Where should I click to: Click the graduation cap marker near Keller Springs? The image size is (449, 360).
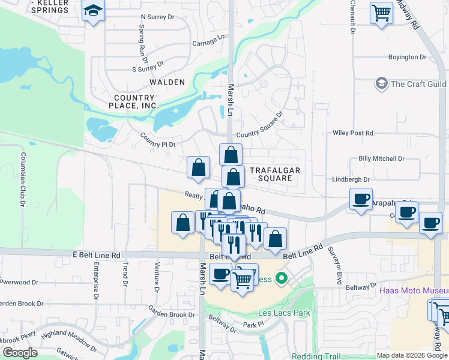[x=93, y=11]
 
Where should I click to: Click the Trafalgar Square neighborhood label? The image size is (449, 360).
[x=274, y=174]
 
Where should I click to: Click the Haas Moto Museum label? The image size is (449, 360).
[x=414, y=290]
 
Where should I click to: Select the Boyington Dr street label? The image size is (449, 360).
[x=406, y=57]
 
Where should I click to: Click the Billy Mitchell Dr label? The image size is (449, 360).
[x=381, y=158]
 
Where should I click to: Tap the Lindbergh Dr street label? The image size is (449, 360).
[x=357, y=179]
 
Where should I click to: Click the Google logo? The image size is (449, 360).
[x=20, y=353]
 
